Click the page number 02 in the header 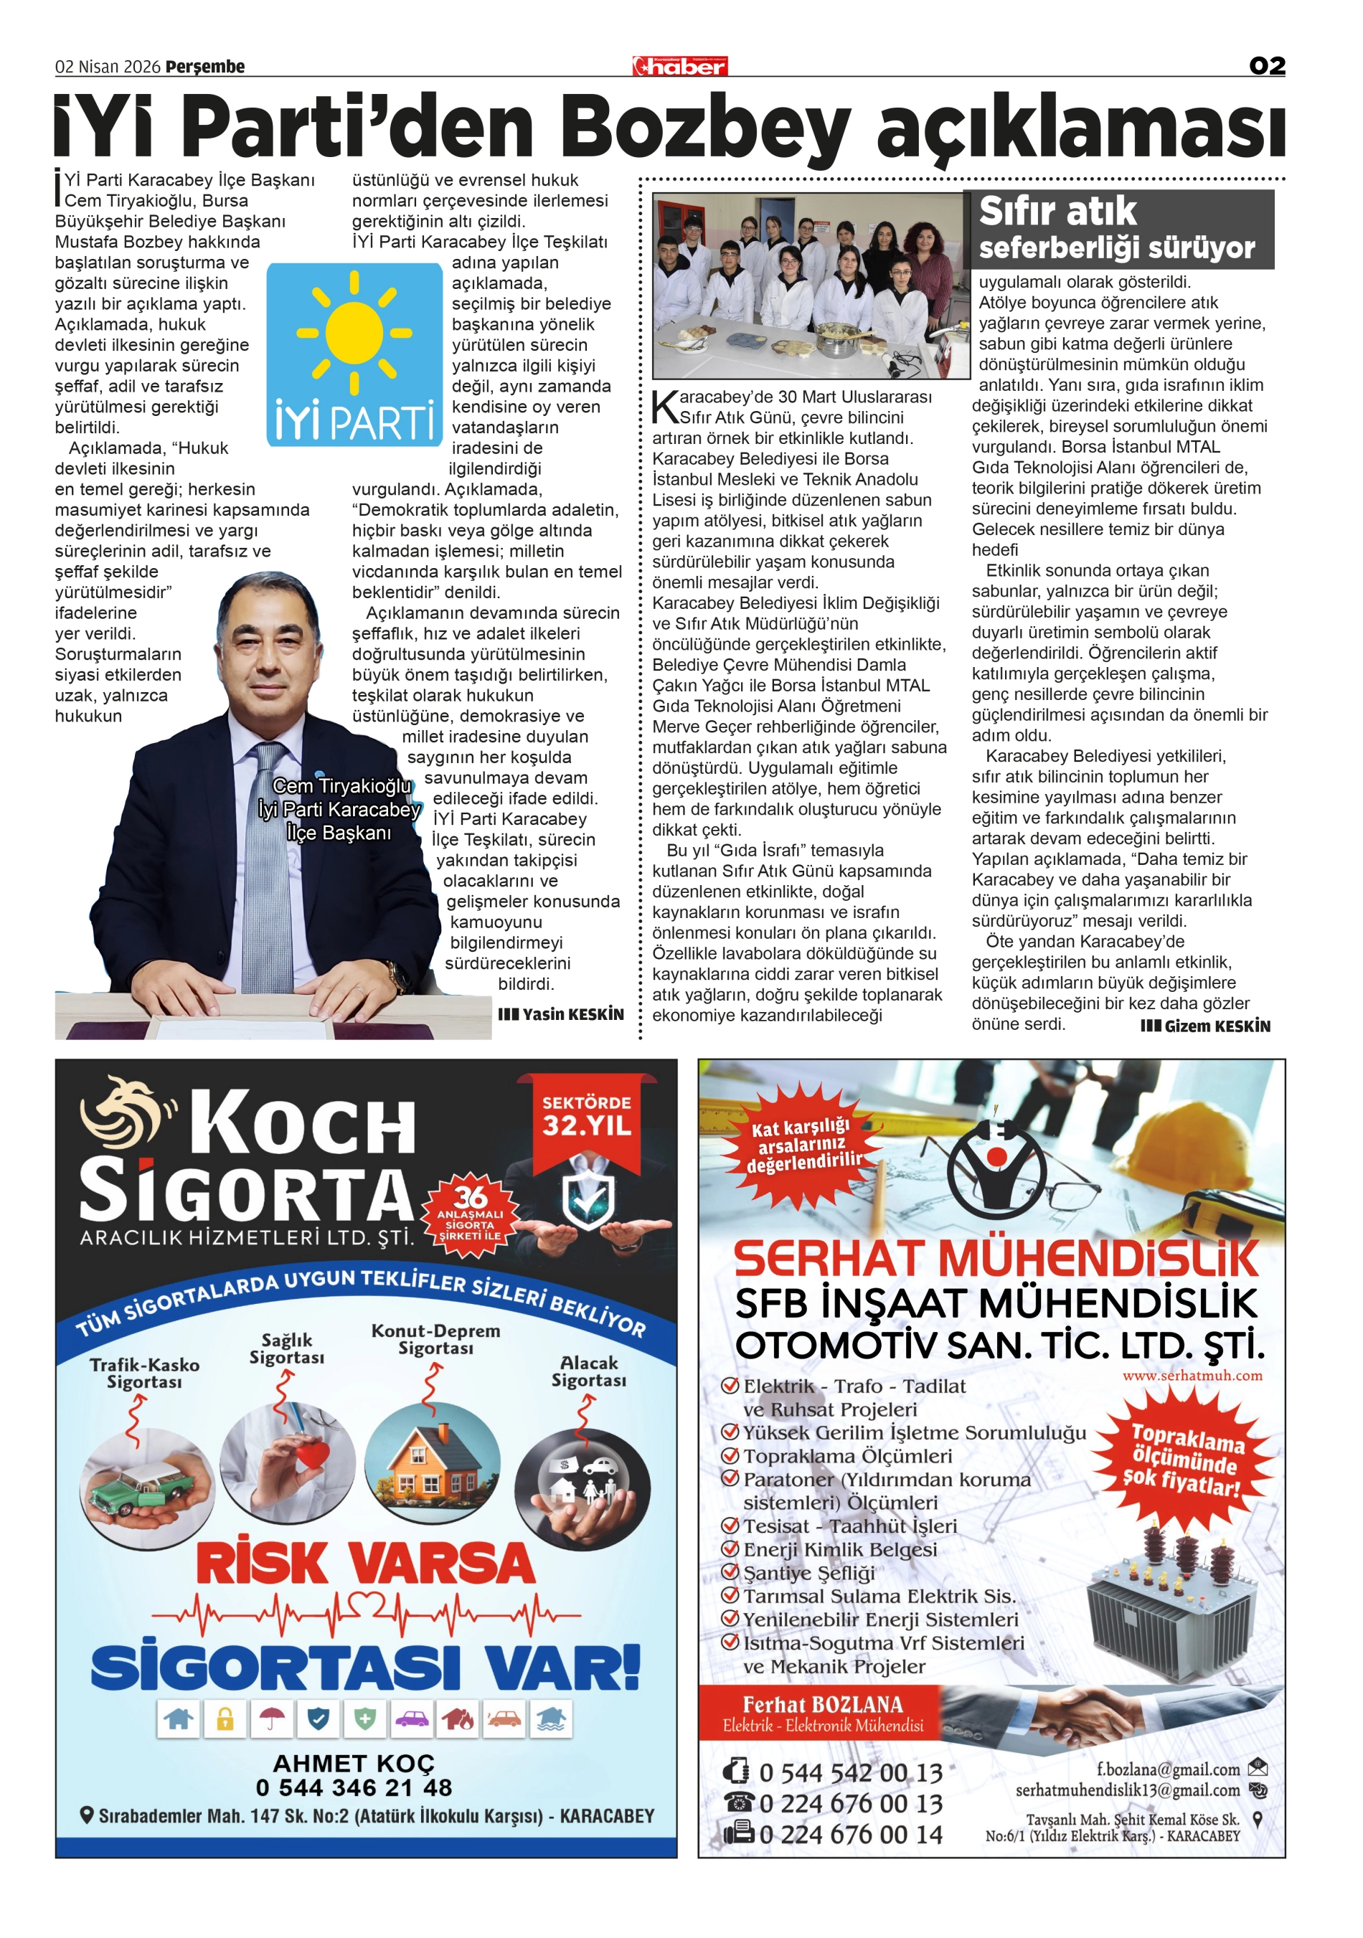tap(1266, 66)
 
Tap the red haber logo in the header tap(679, 67)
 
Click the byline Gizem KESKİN tap(1206, 1026)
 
